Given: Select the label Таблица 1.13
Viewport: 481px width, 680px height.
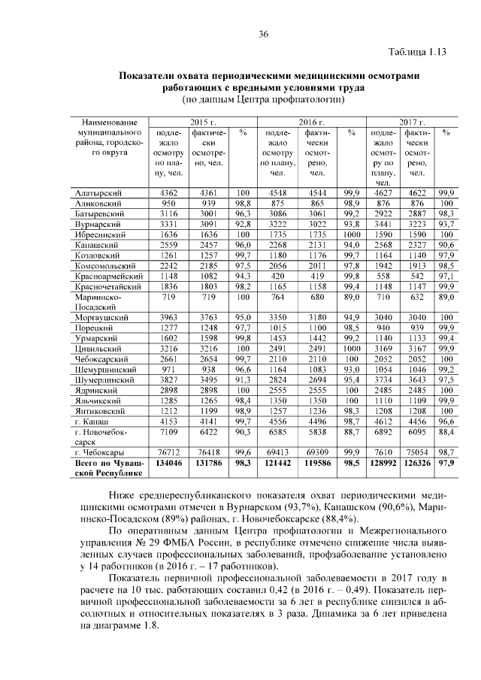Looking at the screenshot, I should click(x=418, y=52).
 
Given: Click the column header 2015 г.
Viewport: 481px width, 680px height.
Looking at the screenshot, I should click(x=202, y=122).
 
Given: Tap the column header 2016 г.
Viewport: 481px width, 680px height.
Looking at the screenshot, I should click(x=312, y=122).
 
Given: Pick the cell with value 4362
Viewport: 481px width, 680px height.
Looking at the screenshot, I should click(x=169, y=193).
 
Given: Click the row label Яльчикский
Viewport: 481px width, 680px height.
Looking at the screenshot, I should click(x=98, y=401).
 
